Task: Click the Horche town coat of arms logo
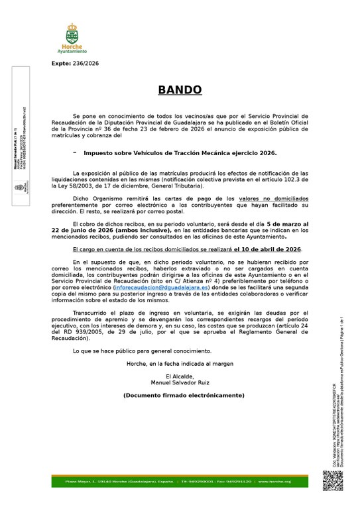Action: (x=71, y=34)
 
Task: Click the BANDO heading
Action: (x=180, y=90)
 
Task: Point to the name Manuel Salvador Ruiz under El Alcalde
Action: (x=180, y=382)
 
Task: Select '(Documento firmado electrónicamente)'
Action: (x=184, y=395)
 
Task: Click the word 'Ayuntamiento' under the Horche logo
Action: (x=71, y=51)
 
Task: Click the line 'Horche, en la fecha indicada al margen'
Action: (x=180, y=364)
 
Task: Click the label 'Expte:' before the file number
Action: (x=61, y=64)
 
